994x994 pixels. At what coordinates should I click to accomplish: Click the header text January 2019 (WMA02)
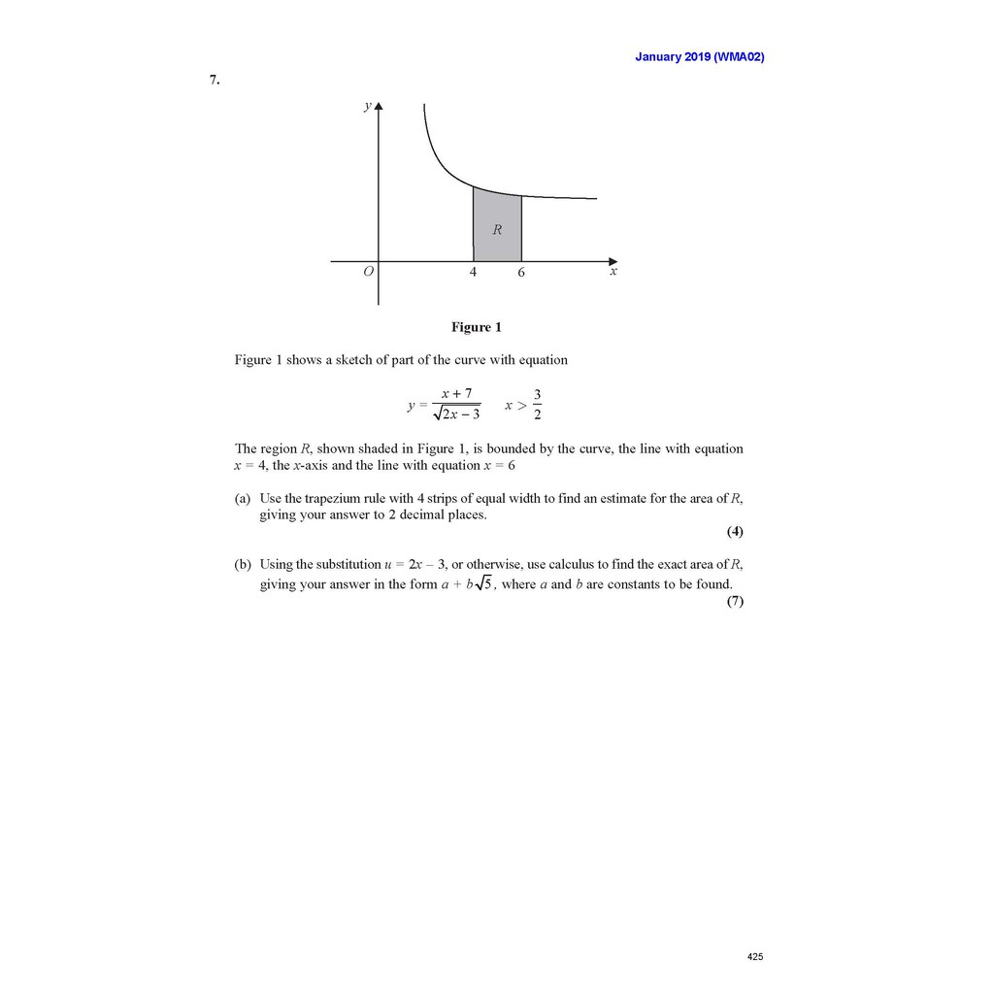[699, 56]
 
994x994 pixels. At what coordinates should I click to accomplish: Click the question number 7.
[215, 81]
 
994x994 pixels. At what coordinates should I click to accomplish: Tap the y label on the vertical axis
[367, 107]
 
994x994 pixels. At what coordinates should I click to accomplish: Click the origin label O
[368, 273]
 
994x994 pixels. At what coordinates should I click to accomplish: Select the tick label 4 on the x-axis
[473, 273]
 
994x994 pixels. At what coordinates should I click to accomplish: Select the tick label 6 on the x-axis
[520, 274]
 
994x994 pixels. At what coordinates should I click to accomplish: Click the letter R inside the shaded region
[497, 230]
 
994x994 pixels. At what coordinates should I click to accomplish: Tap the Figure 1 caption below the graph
[476, 327]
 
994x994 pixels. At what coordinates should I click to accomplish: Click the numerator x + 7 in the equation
[456, 393]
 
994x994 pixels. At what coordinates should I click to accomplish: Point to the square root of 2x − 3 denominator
[456, 414]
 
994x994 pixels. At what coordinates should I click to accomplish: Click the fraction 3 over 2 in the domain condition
[537, 405]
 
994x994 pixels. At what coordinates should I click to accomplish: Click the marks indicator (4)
[735, 532]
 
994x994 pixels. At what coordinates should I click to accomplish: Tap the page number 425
[755, 957]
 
